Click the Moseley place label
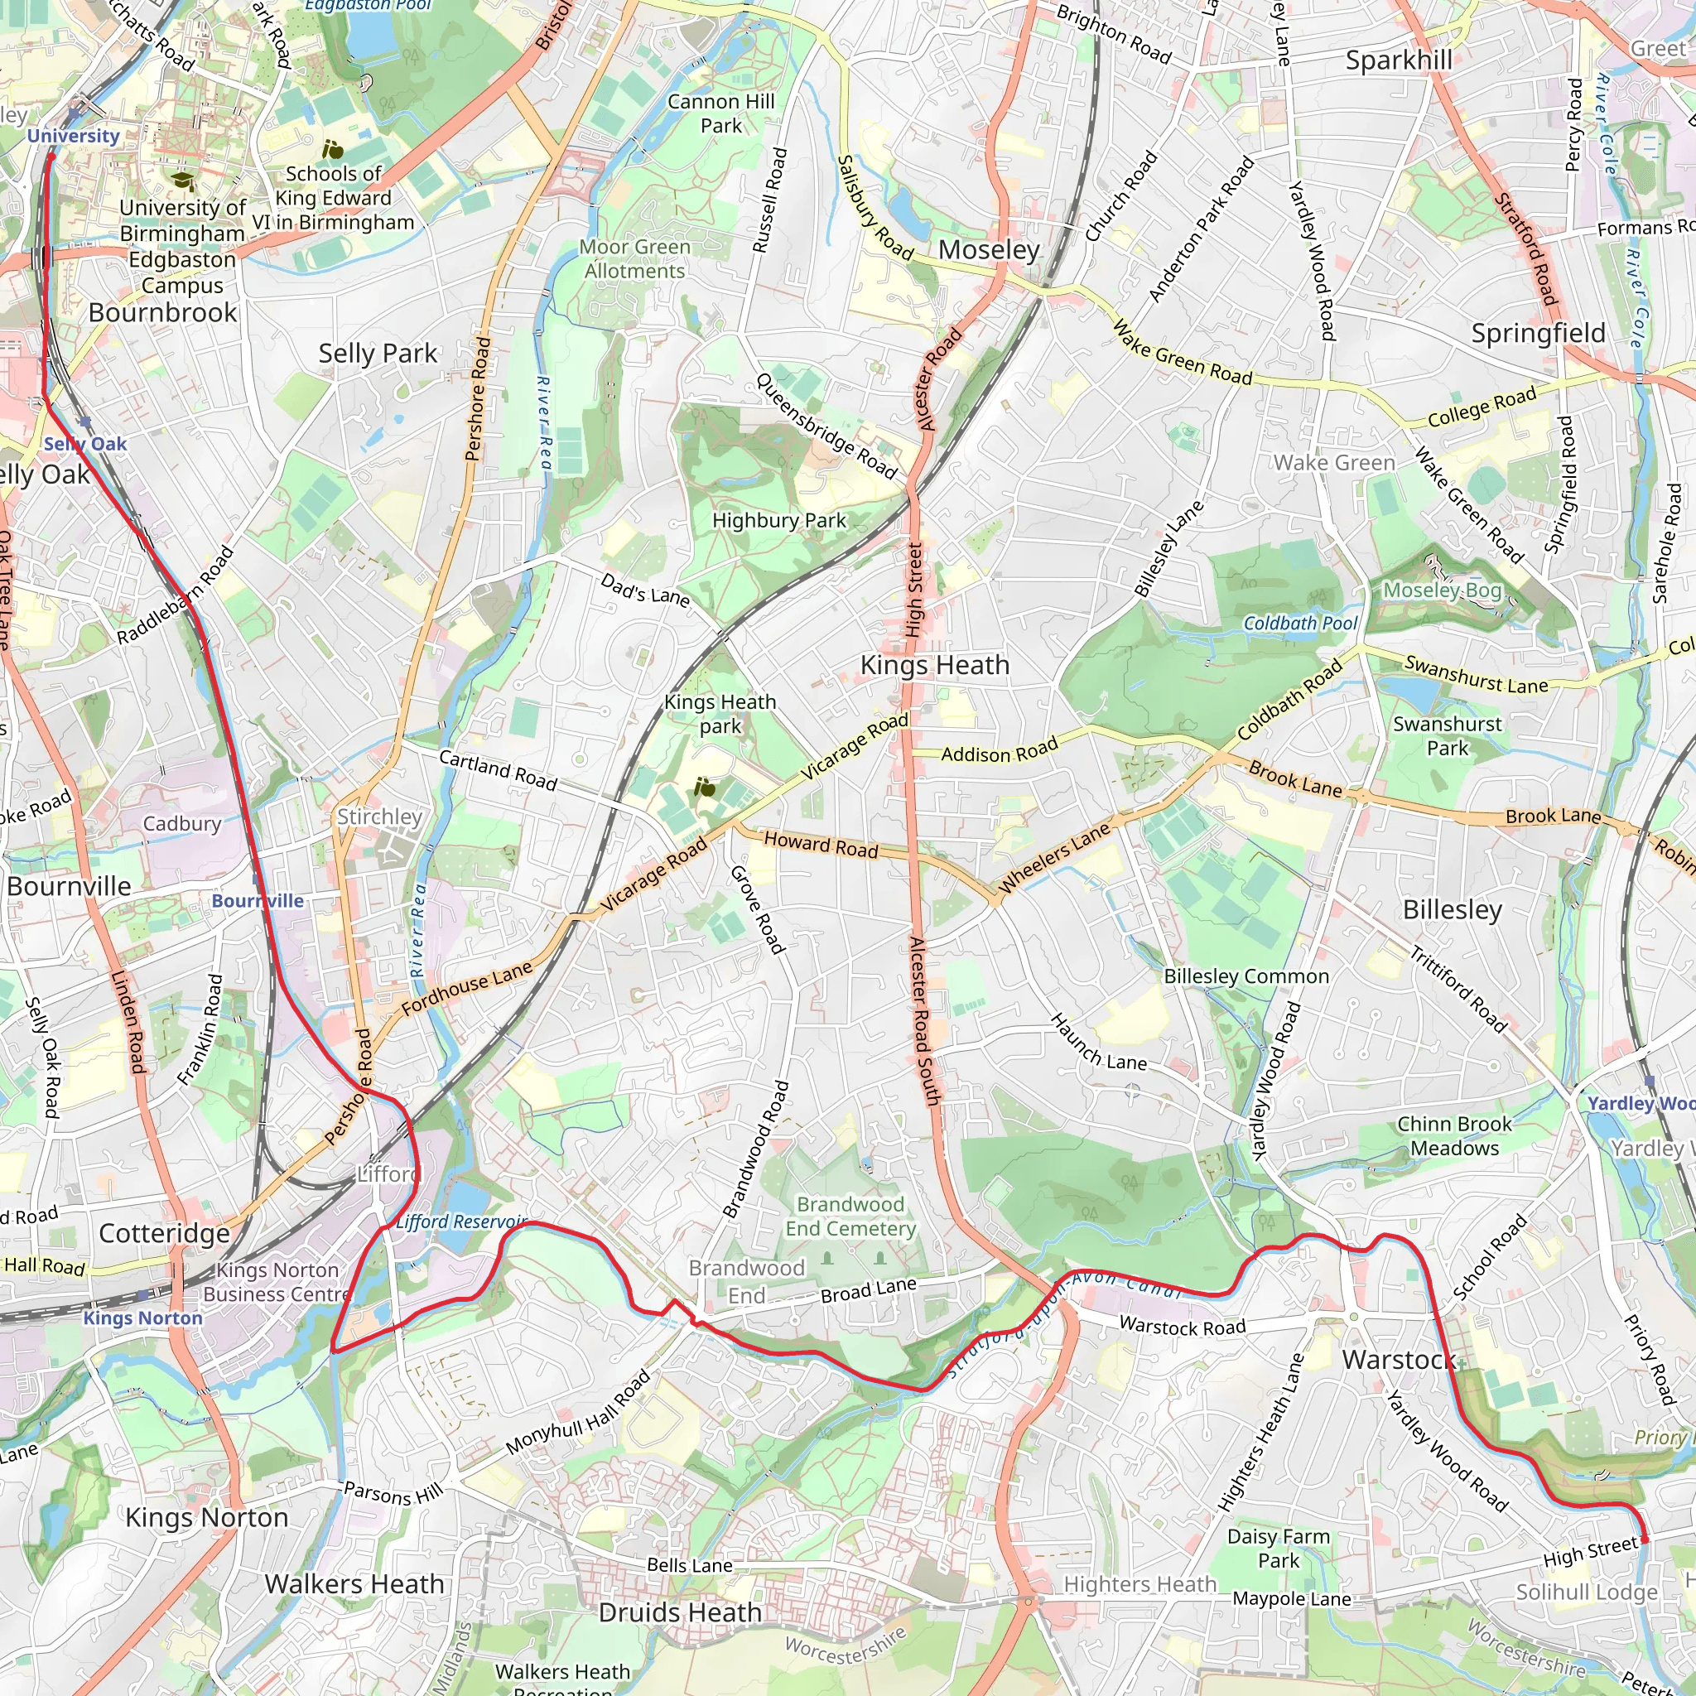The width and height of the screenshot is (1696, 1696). [x=989, y=250]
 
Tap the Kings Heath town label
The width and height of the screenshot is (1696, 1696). [x=934, y=666]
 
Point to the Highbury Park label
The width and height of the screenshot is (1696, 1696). [x=778, y=521]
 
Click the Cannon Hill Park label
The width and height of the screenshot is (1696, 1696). [x=720, y=113]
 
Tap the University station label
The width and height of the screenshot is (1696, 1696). [x=73, y=136]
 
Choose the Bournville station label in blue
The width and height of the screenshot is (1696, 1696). [x=258, y=901]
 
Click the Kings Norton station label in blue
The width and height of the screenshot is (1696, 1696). [x=143, y=1318]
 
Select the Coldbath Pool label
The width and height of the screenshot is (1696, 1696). [x=1300, y=624]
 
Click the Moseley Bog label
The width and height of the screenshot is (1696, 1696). [x=1442, y=590]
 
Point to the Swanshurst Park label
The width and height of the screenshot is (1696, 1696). [x=1447, y=735]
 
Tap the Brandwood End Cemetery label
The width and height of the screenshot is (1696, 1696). [x=850, y=1216]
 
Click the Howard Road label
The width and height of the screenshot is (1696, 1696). [x=820, y=845]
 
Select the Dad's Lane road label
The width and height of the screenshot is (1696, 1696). [x=645, y=589]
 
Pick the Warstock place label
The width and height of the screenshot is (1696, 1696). [x=1398, y=1360]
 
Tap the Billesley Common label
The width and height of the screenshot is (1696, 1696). [x=1245, y=976]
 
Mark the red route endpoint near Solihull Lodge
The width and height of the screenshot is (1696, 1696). [x=1644, y=1539]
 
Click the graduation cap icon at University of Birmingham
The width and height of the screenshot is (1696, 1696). [x=182, y=181]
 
